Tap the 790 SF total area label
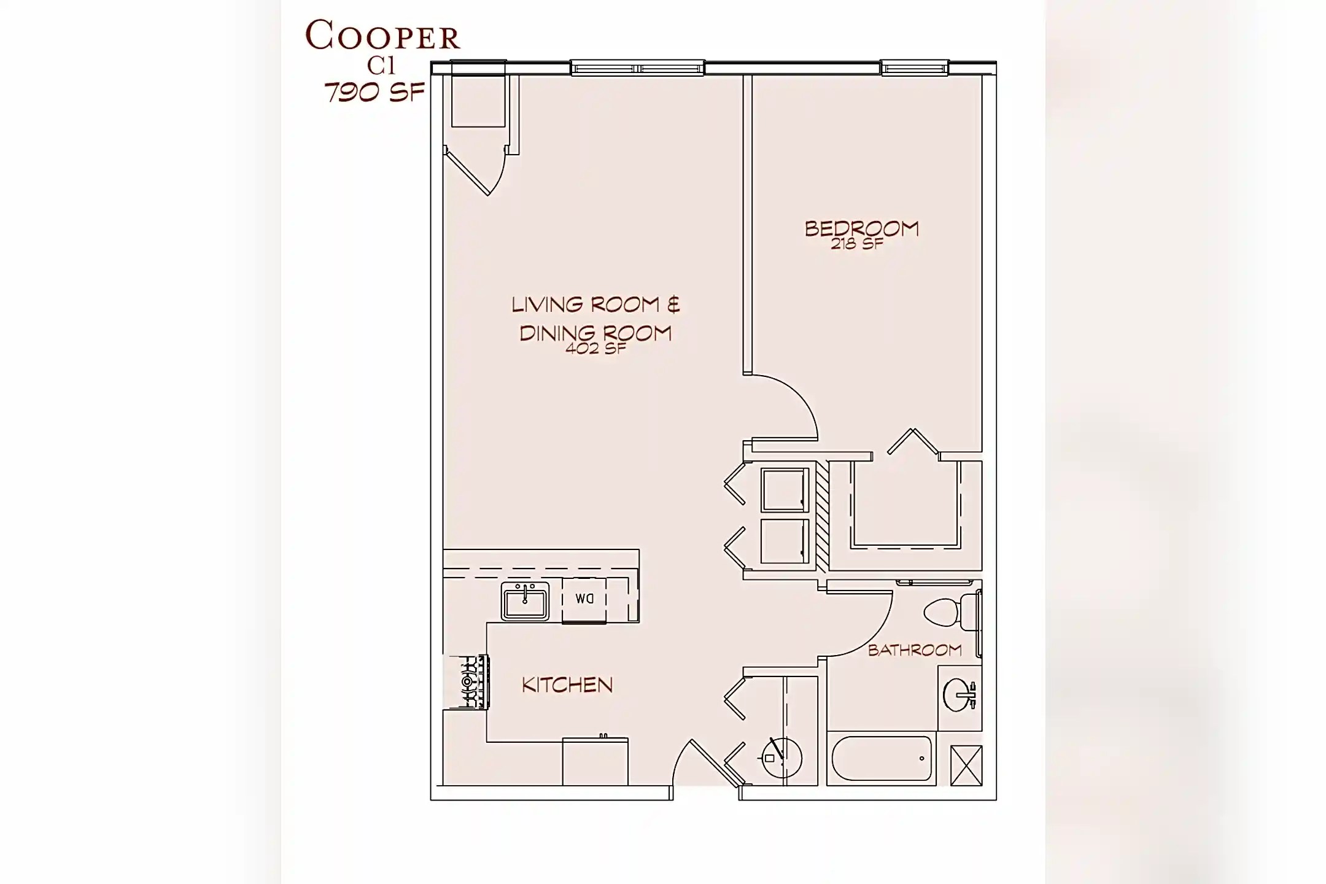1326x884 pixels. click(374, 93)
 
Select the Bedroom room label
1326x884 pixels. click(861, 229)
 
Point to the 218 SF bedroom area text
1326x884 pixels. click(857, 244)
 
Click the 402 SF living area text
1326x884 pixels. click(595, 349)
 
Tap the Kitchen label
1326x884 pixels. click(567, 685)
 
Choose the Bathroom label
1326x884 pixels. click(915, 650)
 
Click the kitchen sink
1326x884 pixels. click(525, 601)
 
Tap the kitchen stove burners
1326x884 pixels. click(468, 681)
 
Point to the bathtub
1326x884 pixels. click(882, 758)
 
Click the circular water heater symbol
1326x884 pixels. click(781, 758)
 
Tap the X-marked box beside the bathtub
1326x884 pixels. click(966, 765)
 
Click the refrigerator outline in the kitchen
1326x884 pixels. click(595, 762)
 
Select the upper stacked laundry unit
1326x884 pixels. click(785, 490)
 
